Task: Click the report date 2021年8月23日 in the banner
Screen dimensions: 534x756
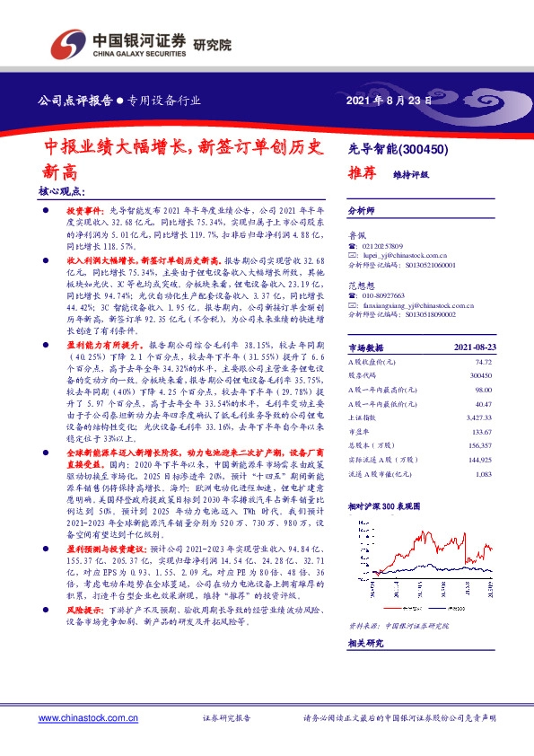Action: pyautogui.click(x=389, y=101)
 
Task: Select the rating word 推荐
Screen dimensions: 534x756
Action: pyautogui.click(x=362, y=174)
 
